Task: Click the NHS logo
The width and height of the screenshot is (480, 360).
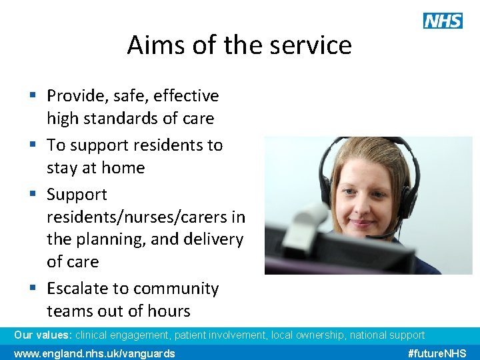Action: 443,21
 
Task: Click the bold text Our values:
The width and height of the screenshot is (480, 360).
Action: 43,335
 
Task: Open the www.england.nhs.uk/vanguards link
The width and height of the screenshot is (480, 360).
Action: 95,353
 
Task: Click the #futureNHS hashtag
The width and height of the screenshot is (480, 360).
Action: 437,353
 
